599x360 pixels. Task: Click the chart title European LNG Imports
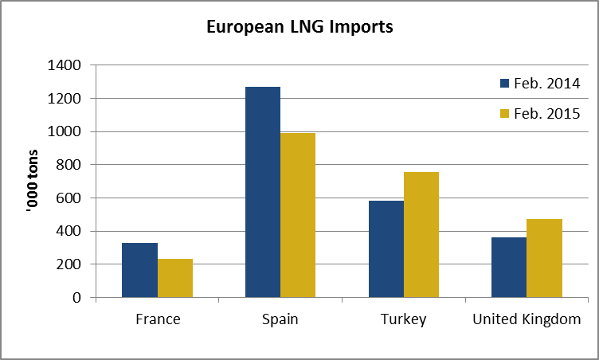point(299,27)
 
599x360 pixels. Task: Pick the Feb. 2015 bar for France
point(174,278)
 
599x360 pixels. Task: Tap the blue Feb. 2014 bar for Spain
point(263,192)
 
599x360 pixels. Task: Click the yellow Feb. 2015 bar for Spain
point(298,215)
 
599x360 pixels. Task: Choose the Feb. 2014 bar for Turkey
point(386,248)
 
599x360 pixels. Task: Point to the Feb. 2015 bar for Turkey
point(421,234)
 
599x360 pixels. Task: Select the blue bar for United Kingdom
point(509,267)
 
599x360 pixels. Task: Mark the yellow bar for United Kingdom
point(544,258)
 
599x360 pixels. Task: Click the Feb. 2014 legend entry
point(538,84)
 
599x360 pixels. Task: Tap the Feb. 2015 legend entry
point(538,114)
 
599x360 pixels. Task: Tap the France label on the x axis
point(157,320)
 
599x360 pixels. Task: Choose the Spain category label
point(280,320)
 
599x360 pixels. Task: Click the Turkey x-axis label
point(403,320)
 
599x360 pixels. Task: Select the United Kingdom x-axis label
point(527,320)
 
